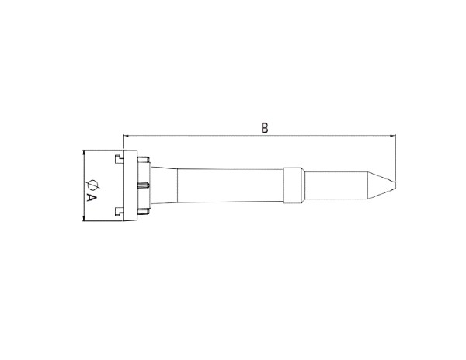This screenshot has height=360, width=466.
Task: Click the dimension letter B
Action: point(265,128)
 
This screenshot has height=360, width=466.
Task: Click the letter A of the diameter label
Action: point(91,197)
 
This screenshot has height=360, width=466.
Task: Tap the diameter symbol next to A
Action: point(92,184)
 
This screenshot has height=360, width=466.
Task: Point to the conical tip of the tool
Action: point(382,181)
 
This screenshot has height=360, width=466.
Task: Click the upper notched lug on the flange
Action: point(119,159)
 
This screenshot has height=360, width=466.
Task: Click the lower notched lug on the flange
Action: point(119,211)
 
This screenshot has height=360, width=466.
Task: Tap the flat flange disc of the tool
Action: point(130,185)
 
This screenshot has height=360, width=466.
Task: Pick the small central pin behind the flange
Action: point(143,185)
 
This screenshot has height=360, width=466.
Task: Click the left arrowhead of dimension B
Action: point(126,136)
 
